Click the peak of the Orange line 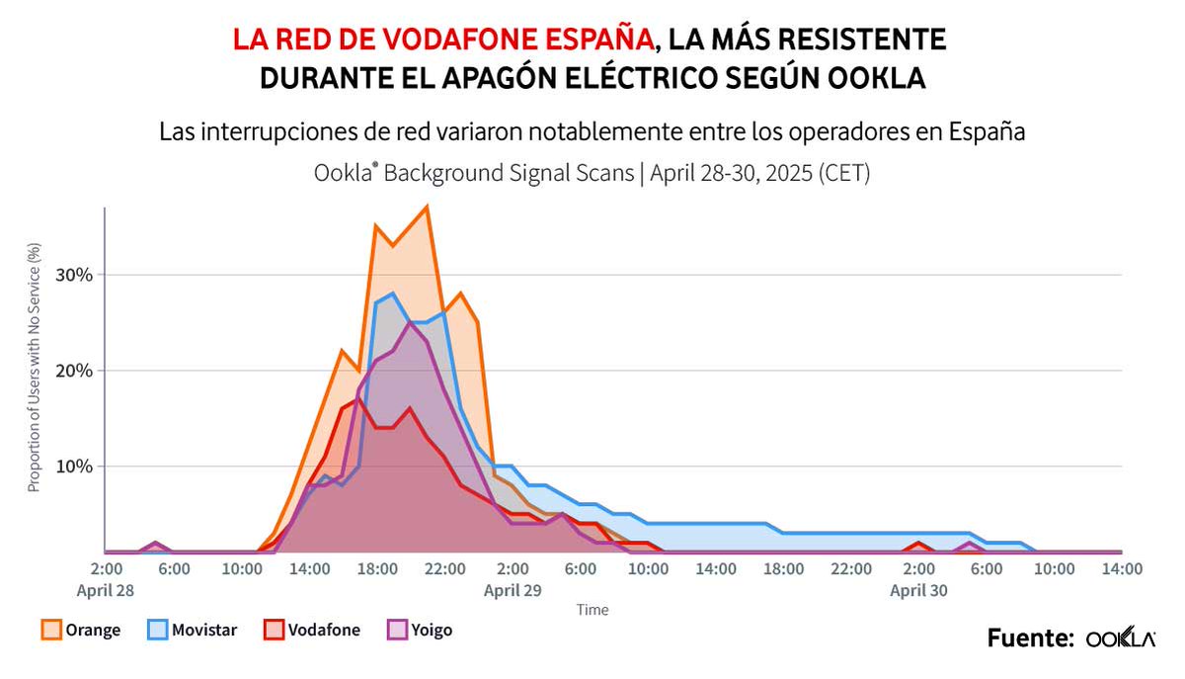pyautogui.click(x=427, y=206)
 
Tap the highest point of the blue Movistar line pyautogui.click(x=393, y=294)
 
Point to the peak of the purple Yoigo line pyautogui.click(x=411, y=322)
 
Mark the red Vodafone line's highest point pyautogui.click(x=358, y=398)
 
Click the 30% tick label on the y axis pyautogui.click(x=73, y=275)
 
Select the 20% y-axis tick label pyautogui.click(x=73, y=371)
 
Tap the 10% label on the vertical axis pyautogui.click(x=73, y=467)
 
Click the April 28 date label pyautogui.click(x=105, y=590)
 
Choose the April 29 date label pyautogui.click(x=513, y=590)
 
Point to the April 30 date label pyautogui.click(x=919, y=590)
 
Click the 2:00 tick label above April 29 pyautogui.click(x=513, y=569)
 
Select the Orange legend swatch pyautogui.click(x=51, y=630)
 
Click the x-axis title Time pyautogui.click(x=592, y=610)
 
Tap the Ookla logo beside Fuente pyautogui.click(x=1121, y=638)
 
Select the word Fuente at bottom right pyautogui.click(x=1030, y=638)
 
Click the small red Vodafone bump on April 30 pyautogui.click(x=919, y=544)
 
